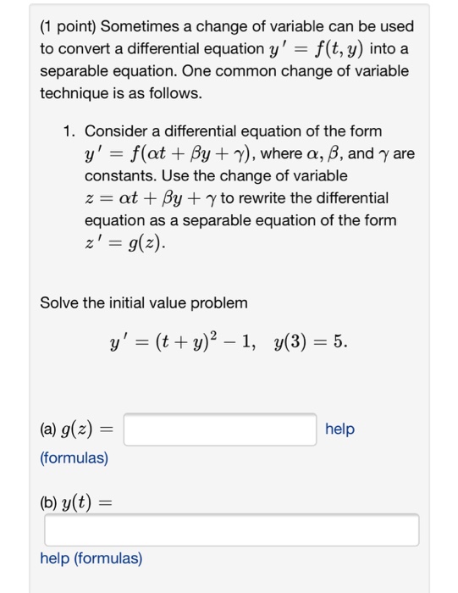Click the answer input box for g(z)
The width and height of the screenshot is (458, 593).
[221, 430]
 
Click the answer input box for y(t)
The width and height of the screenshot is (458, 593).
[232, 530]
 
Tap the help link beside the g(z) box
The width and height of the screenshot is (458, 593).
[339, 430]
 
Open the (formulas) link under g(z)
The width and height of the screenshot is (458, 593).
[74, 458]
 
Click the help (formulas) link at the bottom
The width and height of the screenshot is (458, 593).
[91, 559]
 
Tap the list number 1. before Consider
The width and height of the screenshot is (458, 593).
[69, 132]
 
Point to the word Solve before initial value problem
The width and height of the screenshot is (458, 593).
[59, 302]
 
